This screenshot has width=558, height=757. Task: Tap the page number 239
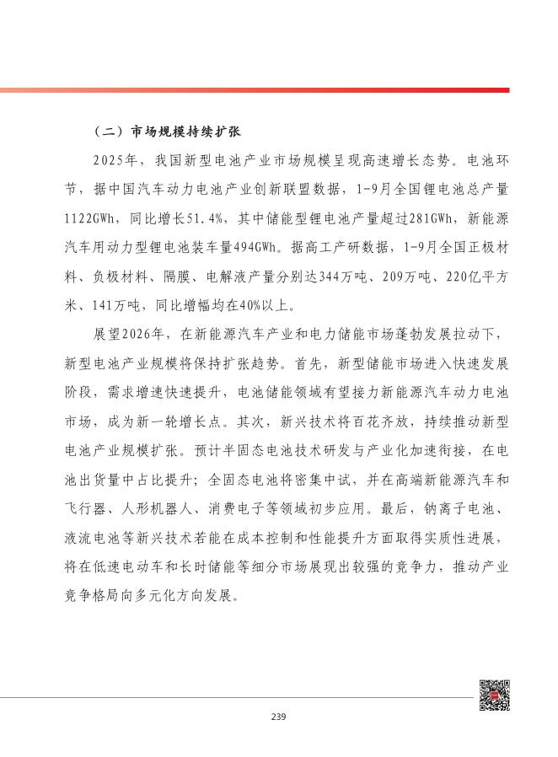click(279, 717)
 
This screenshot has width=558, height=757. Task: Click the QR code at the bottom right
click(494, 695)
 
